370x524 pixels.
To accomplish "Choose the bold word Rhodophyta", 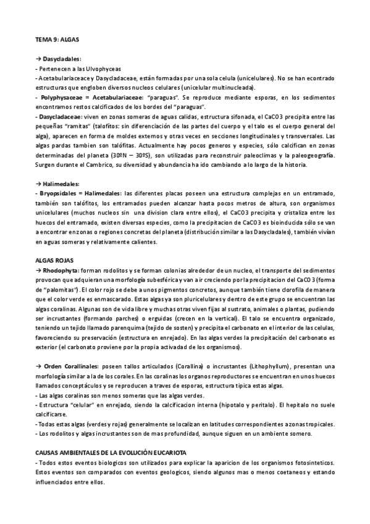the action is click(62, 271).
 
